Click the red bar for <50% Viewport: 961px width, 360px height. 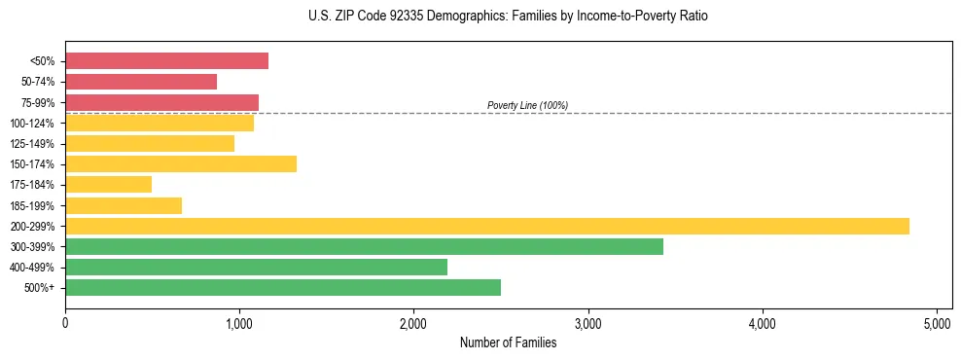(166, 61)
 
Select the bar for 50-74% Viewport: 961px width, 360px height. (141, 82)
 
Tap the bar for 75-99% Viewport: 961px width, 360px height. (161, 102)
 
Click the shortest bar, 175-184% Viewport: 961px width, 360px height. (108, 185)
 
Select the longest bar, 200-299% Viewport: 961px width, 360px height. (487, 227)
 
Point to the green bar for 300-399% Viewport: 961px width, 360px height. (364, 247)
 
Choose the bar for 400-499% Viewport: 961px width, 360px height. (256, 268)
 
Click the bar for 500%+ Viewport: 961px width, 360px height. (283, 288)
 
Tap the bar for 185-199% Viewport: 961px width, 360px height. (124, 205)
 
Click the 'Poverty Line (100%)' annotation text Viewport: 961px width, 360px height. (527, 105)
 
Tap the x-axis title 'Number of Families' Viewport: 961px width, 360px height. (508, 342)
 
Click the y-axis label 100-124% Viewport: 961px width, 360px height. (32, 124)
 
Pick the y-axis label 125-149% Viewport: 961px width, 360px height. (32, 144)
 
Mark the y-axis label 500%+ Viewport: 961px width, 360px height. (39, 288)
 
